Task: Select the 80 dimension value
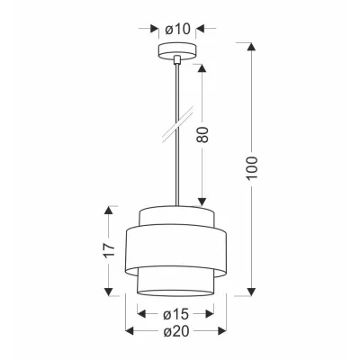click(x=203, y=136)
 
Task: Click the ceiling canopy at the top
click(x=176, y=51)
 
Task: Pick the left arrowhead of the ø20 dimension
click(x=127, y=332)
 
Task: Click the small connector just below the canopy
click(x=176, y=62)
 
